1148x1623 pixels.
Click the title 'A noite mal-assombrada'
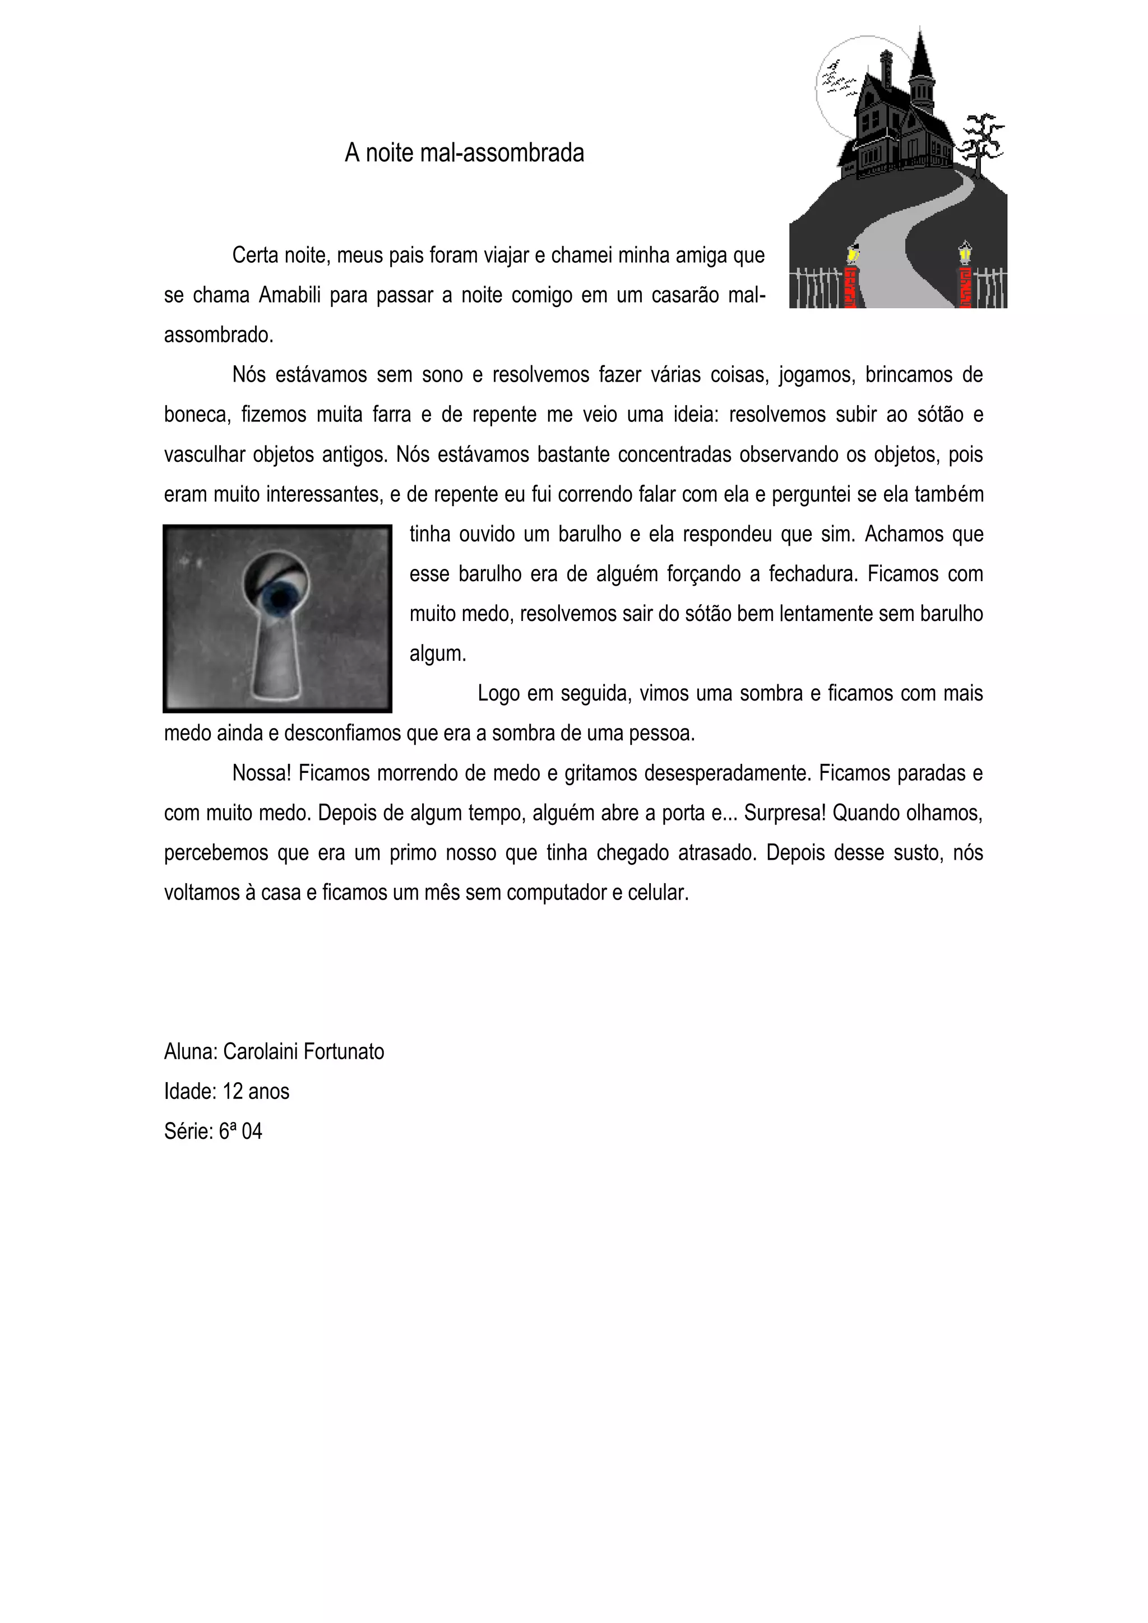(x=465, y=152)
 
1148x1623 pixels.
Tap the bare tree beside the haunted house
(x=981, y=141)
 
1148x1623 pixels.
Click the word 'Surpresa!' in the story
(x=785, y=813)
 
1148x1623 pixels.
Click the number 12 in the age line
(x=233, y=1091)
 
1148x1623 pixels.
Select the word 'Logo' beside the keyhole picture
(x=498, y=693)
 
